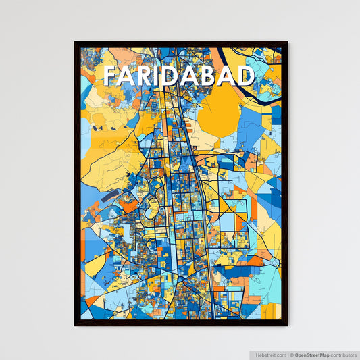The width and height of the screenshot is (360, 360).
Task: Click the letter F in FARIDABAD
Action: pos(111,76)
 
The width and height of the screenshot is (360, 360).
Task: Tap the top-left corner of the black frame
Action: pos(76,43)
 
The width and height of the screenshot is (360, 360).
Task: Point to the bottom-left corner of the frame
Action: pos(76,325)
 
